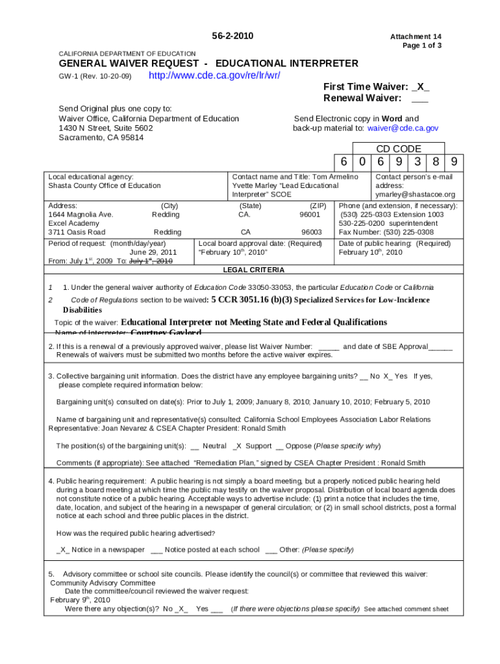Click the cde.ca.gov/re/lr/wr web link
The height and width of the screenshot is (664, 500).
(x=214, y=76)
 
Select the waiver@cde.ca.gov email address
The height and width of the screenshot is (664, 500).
(x=403, y=128)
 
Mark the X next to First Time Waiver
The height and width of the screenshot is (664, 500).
(x=422, y=87)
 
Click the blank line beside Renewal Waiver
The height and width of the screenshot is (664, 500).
(x=419, y=99)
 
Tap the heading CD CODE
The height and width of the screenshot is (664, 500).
(x=399, y=148)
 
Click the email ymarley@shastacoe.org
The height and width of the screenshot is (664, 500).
(x=415, y=195)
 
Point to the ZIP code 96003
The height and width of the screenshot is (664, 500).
(x=311, y=231)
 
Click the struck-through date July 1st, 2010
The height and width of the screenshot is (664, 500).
(x=151, y=261)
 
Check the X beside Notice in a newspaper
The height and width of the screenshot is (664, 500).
(x=63, y=550)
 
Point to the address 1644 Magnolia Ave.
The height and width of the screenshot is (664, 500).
(x=81, y=214)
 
